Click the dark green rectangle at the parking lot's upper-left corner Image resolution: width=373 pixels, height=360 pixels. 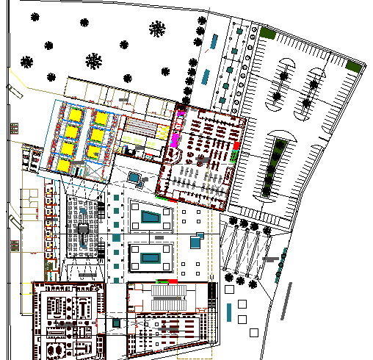click(x=267, y=33)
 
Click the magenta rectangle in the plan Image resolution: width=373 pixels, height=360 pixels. click(x=176, y=136)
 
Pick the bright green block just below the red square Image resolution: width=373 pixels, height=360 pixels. click(x=236, y=156)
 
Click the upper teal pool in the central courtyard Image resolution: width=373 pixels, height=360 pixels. click(x=151, y=217)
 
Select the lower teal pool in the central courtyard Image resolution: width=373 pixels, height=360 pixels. click(x=151, y=258)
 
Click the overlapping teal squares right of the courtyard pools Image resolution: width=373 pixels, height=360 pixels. click(x=196, y=240)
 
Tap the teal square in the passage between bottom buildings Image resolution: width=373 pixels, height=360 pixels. click(x=117, y=322)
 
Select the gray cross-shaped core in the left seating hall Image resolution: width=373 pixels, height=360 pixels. click(x=83, y=230)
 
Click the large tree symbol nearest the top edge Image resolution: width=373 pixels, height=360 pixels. click(x=157, y=29)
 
